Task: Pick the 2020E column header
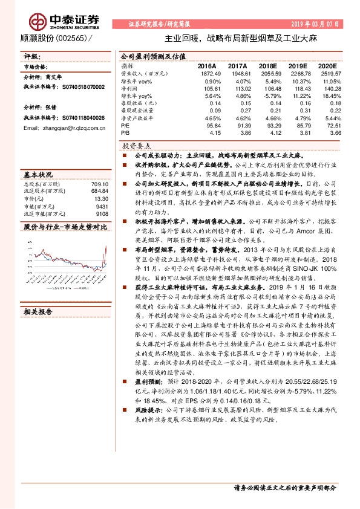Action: point(326,65)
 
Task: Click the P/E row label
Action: point(125,125)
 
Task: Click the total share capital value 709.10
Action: point(100,184)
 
